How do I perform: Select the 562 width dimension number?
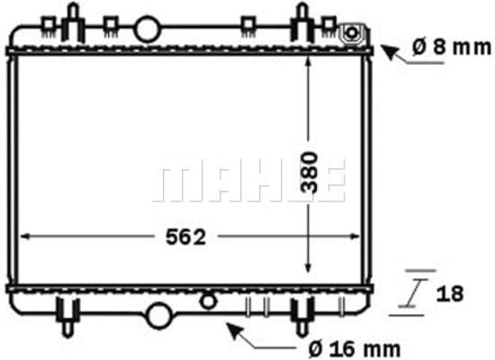coord(186,237)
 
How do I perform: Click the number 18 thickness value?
coord(451,292)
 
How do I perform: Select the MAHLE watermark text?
coord(249,182)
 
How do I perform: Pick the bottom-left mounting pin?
coord(70,316)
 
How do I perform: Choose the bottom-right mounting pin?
coord(301,316)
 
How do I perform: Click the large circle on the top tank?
coord(146,29)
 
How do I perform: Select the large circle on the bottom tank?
coord(158,315)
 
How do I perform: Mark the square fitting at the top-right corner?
coord(352,34)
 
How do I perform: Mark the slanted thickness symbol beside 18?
coord(413,292)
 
